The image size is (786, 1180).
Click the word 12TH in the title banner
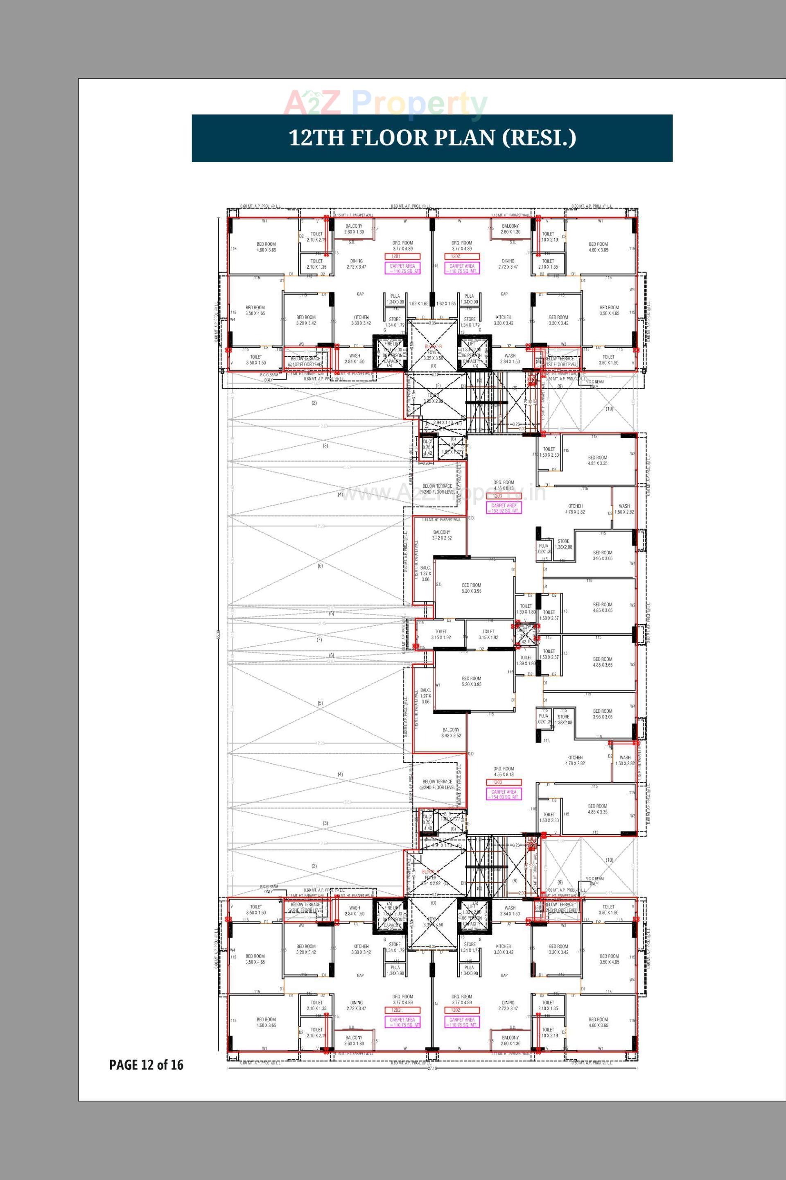click(x=316, y=138)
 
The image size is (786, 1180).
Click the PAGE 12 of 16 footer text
click(x=147, y=1064)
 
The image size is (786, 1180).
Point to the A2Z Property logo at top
click(x=385, y=103)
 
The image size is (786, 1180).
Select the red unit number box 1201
click(x=402, y=256)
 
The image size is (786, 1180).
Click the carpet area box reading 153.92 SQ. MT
click(x=504, y=508)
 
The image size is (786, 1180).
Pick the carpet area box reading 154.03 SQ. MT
click(x=504, y=794)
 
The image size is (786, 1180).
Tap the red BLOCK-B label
click(x=433, y=347)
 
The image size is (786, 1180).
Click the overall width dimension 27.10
click(x=432, y=1068)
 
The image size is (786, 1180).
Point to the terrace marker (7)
click(x=319, y=639)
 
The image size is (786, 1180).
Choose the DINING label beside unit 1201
click(x=357, y=264)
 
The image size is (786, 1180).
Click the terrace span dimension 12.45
click(x=321, y=623)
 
